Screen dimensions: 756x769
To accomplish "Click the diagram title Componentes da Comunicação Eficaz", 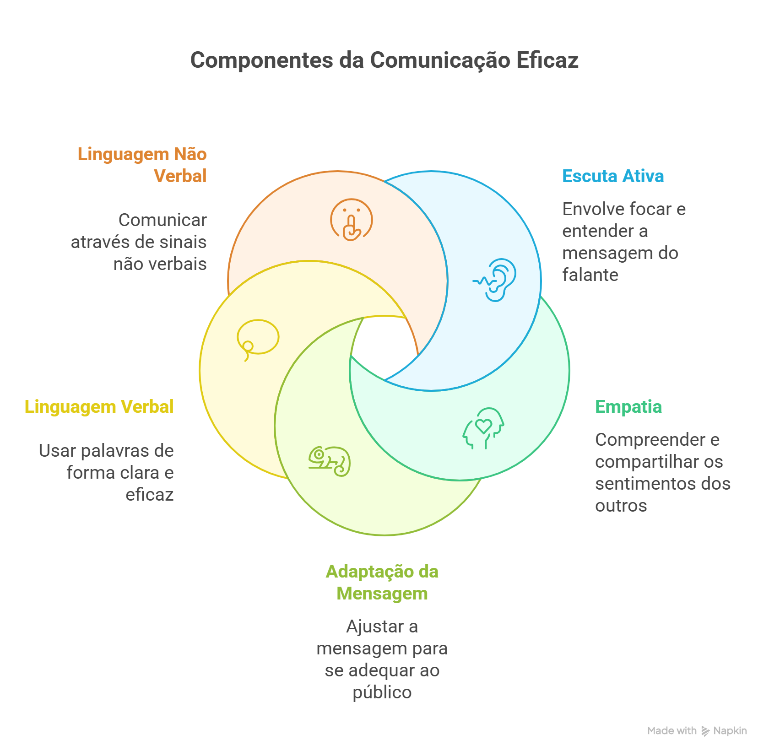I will click(384, 60).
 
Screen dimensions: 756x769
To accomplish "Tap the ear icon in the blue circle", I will click(496, 280).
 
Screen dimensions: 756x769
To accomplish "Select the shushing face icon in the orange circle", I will click(351, 220).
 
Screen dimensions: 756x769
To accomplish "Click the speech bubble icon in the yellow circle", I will click(258, 339).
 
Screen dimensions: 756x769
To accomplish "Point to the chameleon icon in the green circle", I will click(330, 461).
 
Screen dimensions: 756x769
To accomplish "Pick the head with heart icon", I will click(483, 428).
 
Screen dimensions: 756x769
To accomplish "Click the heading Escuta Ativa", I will click(613, 176).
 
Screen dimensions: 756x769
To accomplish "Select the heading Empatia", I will click(628, 407).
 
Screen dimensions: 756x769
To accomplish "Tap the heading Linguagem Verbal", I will click(99, 407).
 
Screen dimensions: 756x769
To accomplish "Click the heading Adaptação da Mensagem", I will click(382, 582).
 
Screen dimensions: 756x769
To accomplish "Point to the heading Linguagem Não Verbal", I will click(142, 165).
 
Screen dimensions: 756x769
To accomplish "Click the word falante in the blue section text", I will click(590, 275).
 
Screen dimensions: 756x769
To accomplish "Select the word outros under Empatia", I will click(621, 506).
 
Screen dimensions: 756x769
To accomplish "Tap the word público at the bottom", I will click(382, 692).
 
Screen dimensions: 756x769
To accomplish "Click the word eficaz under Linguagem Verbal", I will click(150, 495).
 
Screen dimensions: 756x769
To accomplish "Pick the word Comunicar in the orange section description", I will click(162, 220).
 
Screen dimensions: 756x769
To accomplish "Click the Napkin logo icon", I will click(705, 731).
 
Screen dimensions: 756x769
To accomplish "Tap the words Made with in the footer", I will click(672, 731).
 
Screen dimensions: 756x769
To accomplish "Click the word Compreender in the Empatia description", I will click(650, 440).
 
